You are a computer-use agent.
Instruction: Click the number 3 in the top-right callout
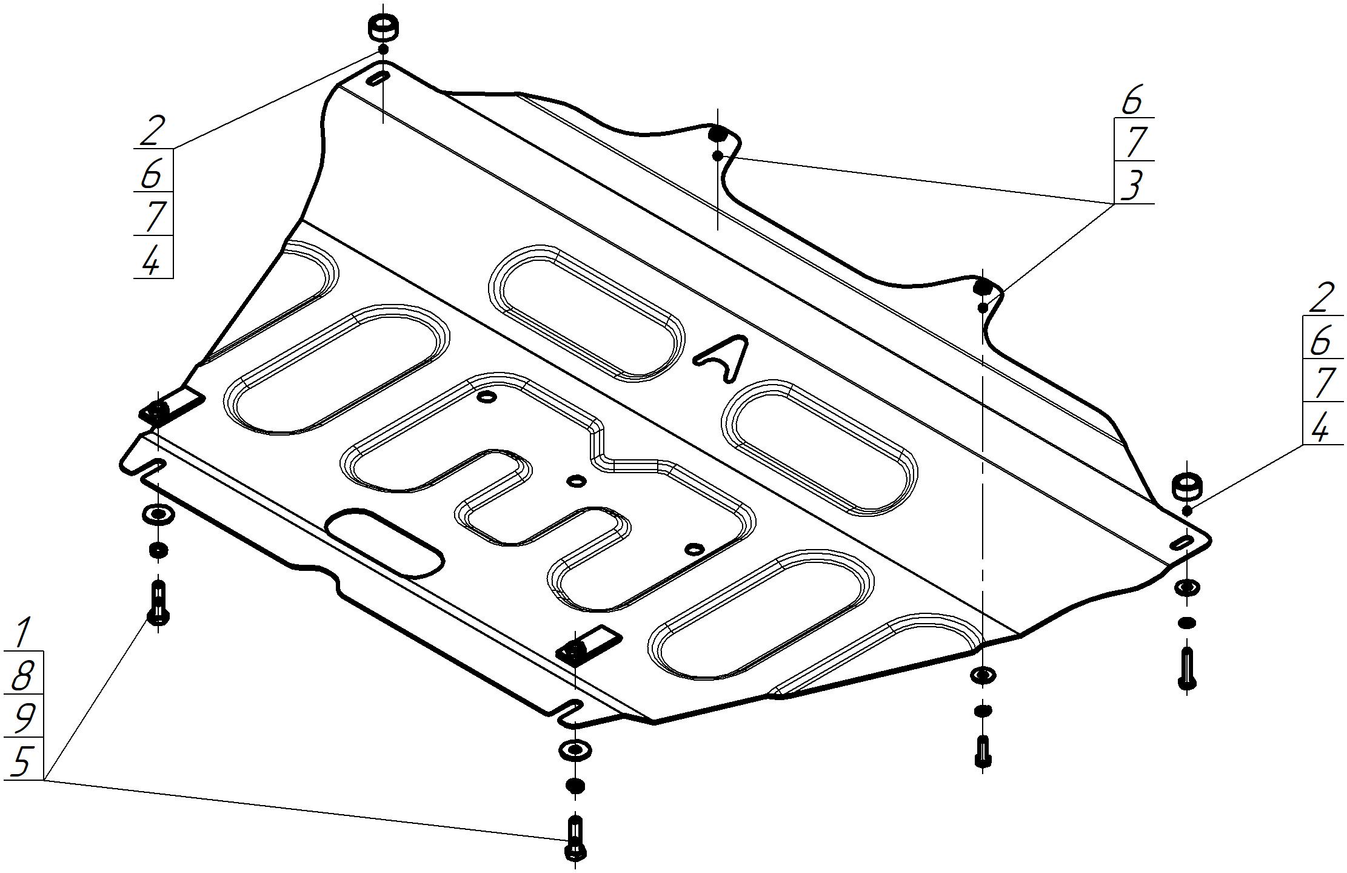[1131, 184]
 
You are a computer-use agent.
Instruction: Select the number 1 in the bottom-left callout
[22, 632]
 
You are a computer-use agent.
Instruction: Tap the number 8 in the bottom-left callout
[22, 675]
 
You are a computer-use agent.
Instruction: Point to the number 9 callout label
[22, 717]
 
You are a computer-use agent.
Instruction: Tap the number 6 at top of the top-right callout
[1131, 99]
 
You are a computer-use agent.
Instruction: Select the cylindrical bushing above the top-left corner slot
[383, 27]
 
